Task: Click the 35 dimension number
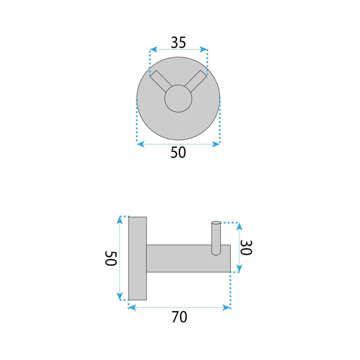coord(178,42)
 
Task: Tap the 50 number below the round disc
coord(178,153)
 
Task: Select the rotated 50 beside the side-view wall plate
coord(110,259)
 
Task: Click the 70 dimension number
coord(179,317)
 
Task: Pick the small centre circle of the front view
coord(178,98)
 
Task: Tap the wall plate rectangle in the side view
coord(137,259)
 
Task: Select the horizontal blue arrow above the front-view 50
coord(178,145)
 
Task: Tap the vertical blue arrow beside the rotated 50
coord(120,259)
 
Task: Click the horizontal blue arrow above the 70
coord(179,308)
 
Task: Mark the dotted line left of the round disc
coord(137,121)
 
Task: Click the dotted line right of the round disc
coord(220,121)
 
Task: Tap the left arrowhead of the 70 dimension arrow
coord(131,308)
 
